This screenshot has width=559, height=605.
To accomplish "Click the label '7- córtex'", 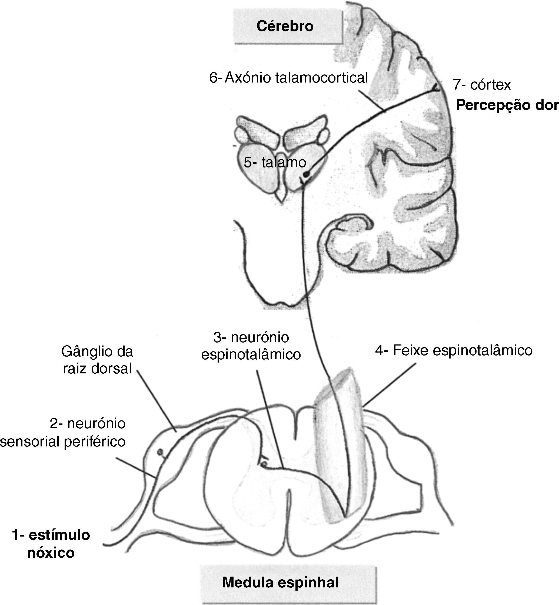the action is tap(482, 85).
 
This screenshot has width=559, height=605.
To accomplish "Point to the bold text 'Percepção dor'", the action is tap(507, 105).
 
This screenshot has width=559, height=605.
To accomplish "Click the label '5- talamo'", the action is tap(275, 163).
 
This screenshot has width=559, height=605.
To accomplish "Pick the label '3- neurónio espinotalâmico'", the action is tap(251, 346).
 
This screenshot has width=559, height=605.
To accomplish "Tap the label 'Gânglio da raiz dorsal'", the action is tap(97, 360).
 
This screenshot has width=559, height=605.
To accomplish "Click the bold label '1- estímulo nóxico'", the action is tap(51, 544).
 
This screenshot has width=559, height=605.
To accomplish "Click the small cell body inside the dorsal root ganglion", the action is tap(160, 452).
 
